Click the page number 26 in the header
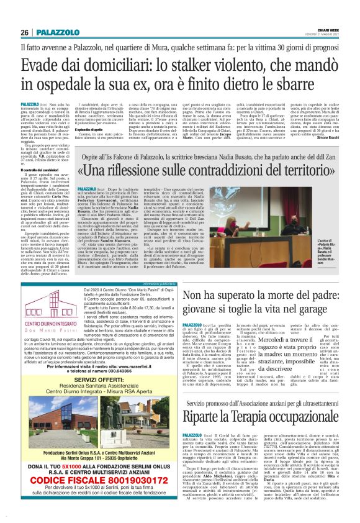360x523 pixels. point(25,32)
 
